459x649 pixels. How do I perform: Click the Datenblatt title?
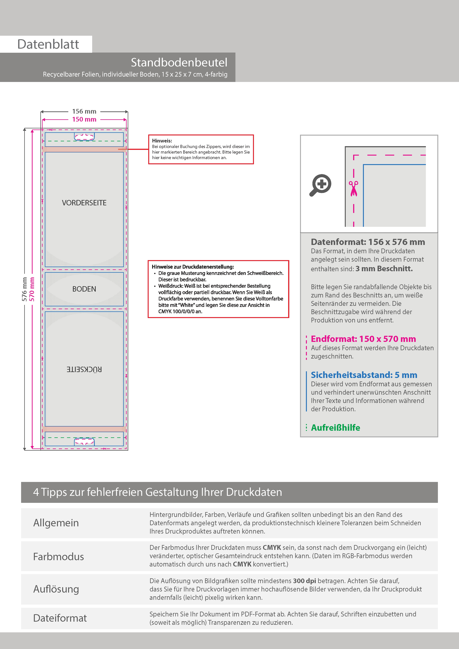point(48,44)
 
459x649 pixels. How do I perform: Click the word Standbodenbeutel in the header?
point(179,63)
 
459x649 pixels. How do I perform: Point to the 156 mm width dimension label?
point(84,111)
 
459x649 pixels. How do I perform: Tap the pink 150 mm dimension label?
point(84,119)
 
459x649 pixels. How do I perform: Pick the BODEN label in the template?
point(84,289)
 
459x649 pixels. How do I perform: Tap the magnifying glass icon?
point(320,185)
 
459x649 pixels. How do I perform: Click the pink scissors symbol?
point(354,189)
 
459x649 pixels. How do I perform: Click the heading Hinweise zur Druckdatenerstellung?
point(193,267)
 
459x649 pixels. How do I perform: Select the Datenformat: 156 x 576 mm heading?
point(368,242)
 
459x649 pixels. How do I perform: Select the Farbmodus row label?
point(58,556)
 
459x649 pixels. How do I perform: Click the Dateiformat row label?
point(60,618)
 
